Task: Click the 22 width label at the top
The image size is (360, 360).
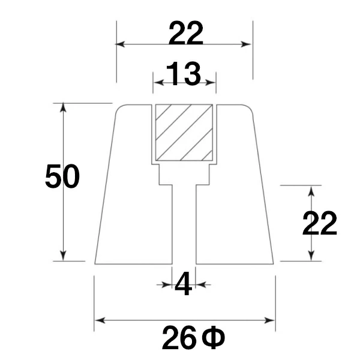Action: coord(186,33)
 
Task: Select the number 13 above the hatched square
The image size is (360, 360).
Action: coord(184,74)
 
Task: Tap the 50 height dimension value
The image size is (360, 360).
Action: coord(62,176)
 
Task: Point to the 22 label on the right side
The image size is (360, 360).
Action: coord(319,223)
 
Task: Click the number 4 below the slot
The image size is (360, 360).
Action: coord(183,284)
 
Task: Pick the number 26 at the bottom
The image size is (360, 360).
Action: coord(179,337)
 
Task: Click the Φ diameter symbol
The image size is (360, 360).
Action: coord(214,337)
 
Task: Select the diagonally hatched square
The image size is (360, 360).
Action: coord(184,133)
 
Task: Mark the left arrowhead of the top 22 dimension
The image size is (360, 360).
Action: coord(120,44)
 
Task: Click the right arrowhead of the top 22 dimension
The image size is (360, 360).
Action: coord(246,44)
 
